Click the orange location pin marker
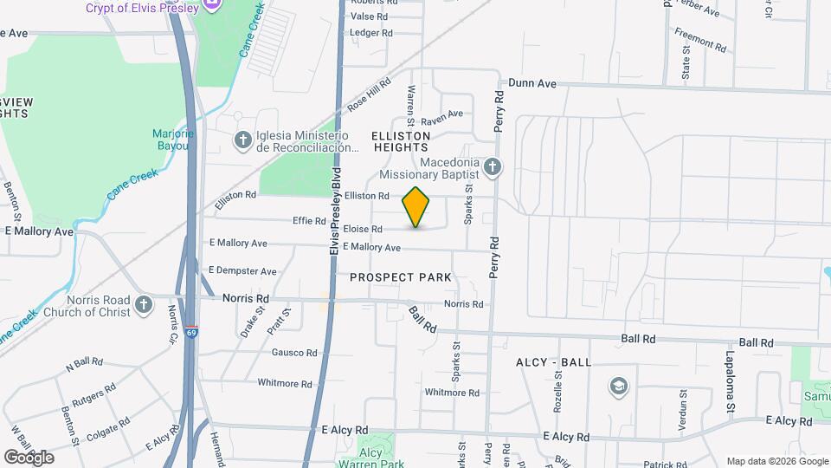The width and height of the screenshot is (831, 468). (x=416, y=206)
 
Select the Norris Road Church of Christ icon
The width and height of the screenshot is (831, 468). (x=144, y=304)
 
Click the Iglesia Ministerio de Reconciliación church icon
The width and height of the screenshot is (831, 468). (x=244, y=140)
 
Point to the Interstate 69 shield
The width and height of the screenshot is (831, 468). (x=190, y=332)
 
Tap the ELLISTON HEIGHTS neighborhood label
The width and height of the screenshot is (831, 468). (x=401, y=142)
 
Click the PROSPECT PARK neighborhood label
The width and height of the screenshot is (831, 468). (x=401, y=277)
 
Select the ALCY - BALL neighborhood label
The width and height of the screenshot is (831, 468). (x=554, y=361)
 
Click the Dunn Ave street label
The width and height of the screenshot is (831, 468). (x=531, y=83)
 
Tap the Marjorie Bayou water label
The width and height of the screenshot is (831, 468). (x=170, y=140)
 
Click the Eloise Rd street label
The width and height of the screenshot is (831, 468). (x=363, y=230)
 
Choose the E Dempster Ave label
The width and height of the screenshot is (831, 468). (x=242, y=271)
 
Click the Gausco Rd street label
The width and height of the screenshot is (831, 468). (x=294, y=353)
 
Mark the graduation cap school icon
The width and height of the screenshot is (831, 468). (x=619, y=386)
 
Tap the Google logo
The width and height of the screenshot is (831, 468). (x=29, y=457)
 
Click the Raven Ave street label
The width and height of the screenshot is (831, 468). (x=442, y=114)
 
